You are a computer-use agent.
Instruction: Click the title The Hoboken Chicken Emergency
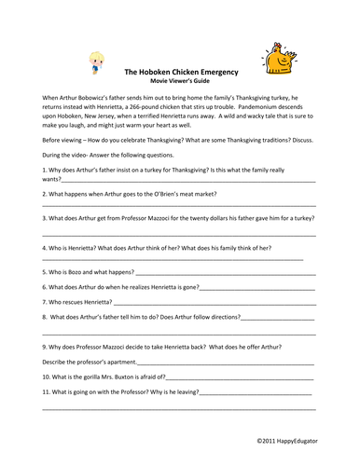coord(179,71)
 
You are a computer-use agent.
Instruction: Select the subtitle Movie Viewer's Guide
coord(179,81)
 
